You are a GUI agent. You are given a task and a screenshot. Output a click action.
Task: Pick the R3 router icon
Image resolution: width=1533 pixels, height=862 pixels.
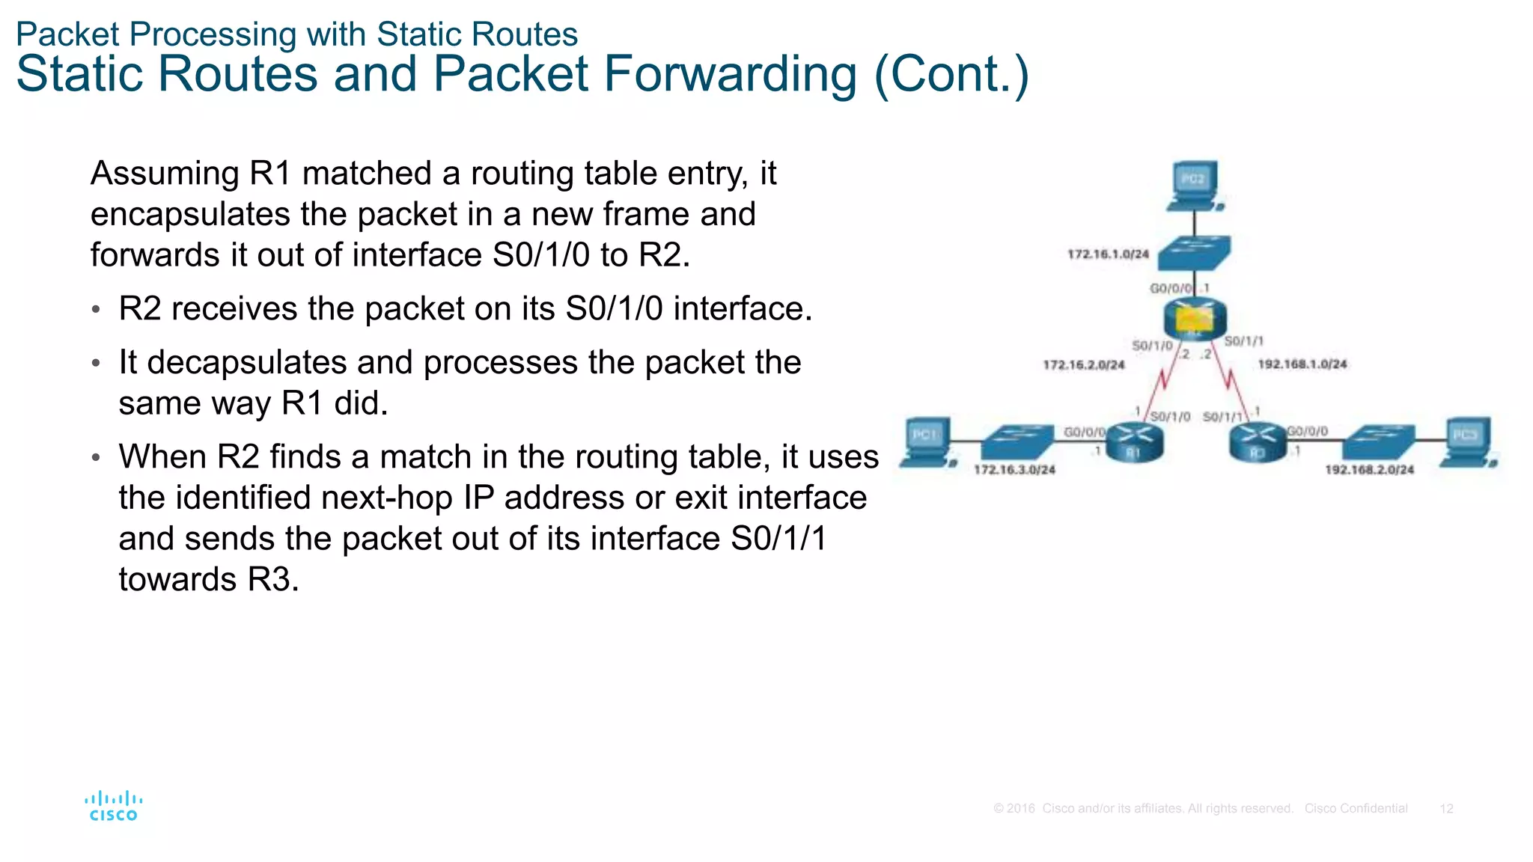[1258, 441]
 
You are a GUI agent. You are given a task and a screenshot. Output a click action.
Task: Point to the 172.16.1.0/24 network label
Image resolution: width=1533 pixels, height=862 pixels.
[1108, 254]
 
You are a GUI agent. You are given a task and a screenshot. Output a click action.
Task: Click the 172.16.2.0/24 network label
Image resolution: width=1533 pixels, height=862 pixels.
[1084, 365]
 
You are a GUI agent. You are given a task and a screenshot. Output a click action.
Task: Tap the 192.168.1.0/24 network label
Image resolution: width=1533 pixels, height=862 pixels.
[1302, 364]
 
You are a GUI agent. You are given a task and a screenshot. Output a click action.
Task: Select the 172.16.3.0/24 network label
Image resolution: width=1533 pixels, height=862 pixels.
[1014, 470]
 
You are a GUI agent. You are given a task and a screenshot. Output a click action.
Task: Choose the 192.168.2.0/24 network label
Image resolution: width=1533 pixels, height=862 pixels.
[1369, 470]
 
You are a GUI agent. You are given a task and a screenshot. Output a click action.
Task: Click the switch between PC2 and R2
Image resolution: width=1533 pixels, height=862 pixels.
[1194, 254]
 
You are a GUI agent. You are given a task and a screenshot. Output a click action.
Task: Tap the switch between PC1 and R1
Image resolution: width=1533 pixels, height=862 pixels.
[1017, 441]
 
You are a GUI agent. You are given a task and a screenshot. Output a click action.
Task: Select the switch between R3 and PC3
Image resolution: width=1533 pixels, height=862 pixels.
[1378, 441]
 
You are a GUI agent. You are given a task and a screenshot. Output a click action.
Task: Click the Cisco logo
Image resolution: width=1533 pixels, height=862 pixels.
[113, 807]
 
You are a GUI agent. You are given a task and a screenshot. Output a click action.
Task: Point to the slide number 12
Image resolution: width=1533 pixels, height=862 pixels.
[1446, 809]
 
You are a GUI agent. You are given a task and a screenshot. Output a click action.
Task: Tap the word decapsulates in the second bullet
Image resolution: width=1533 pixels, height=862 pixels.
[246, 363]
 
